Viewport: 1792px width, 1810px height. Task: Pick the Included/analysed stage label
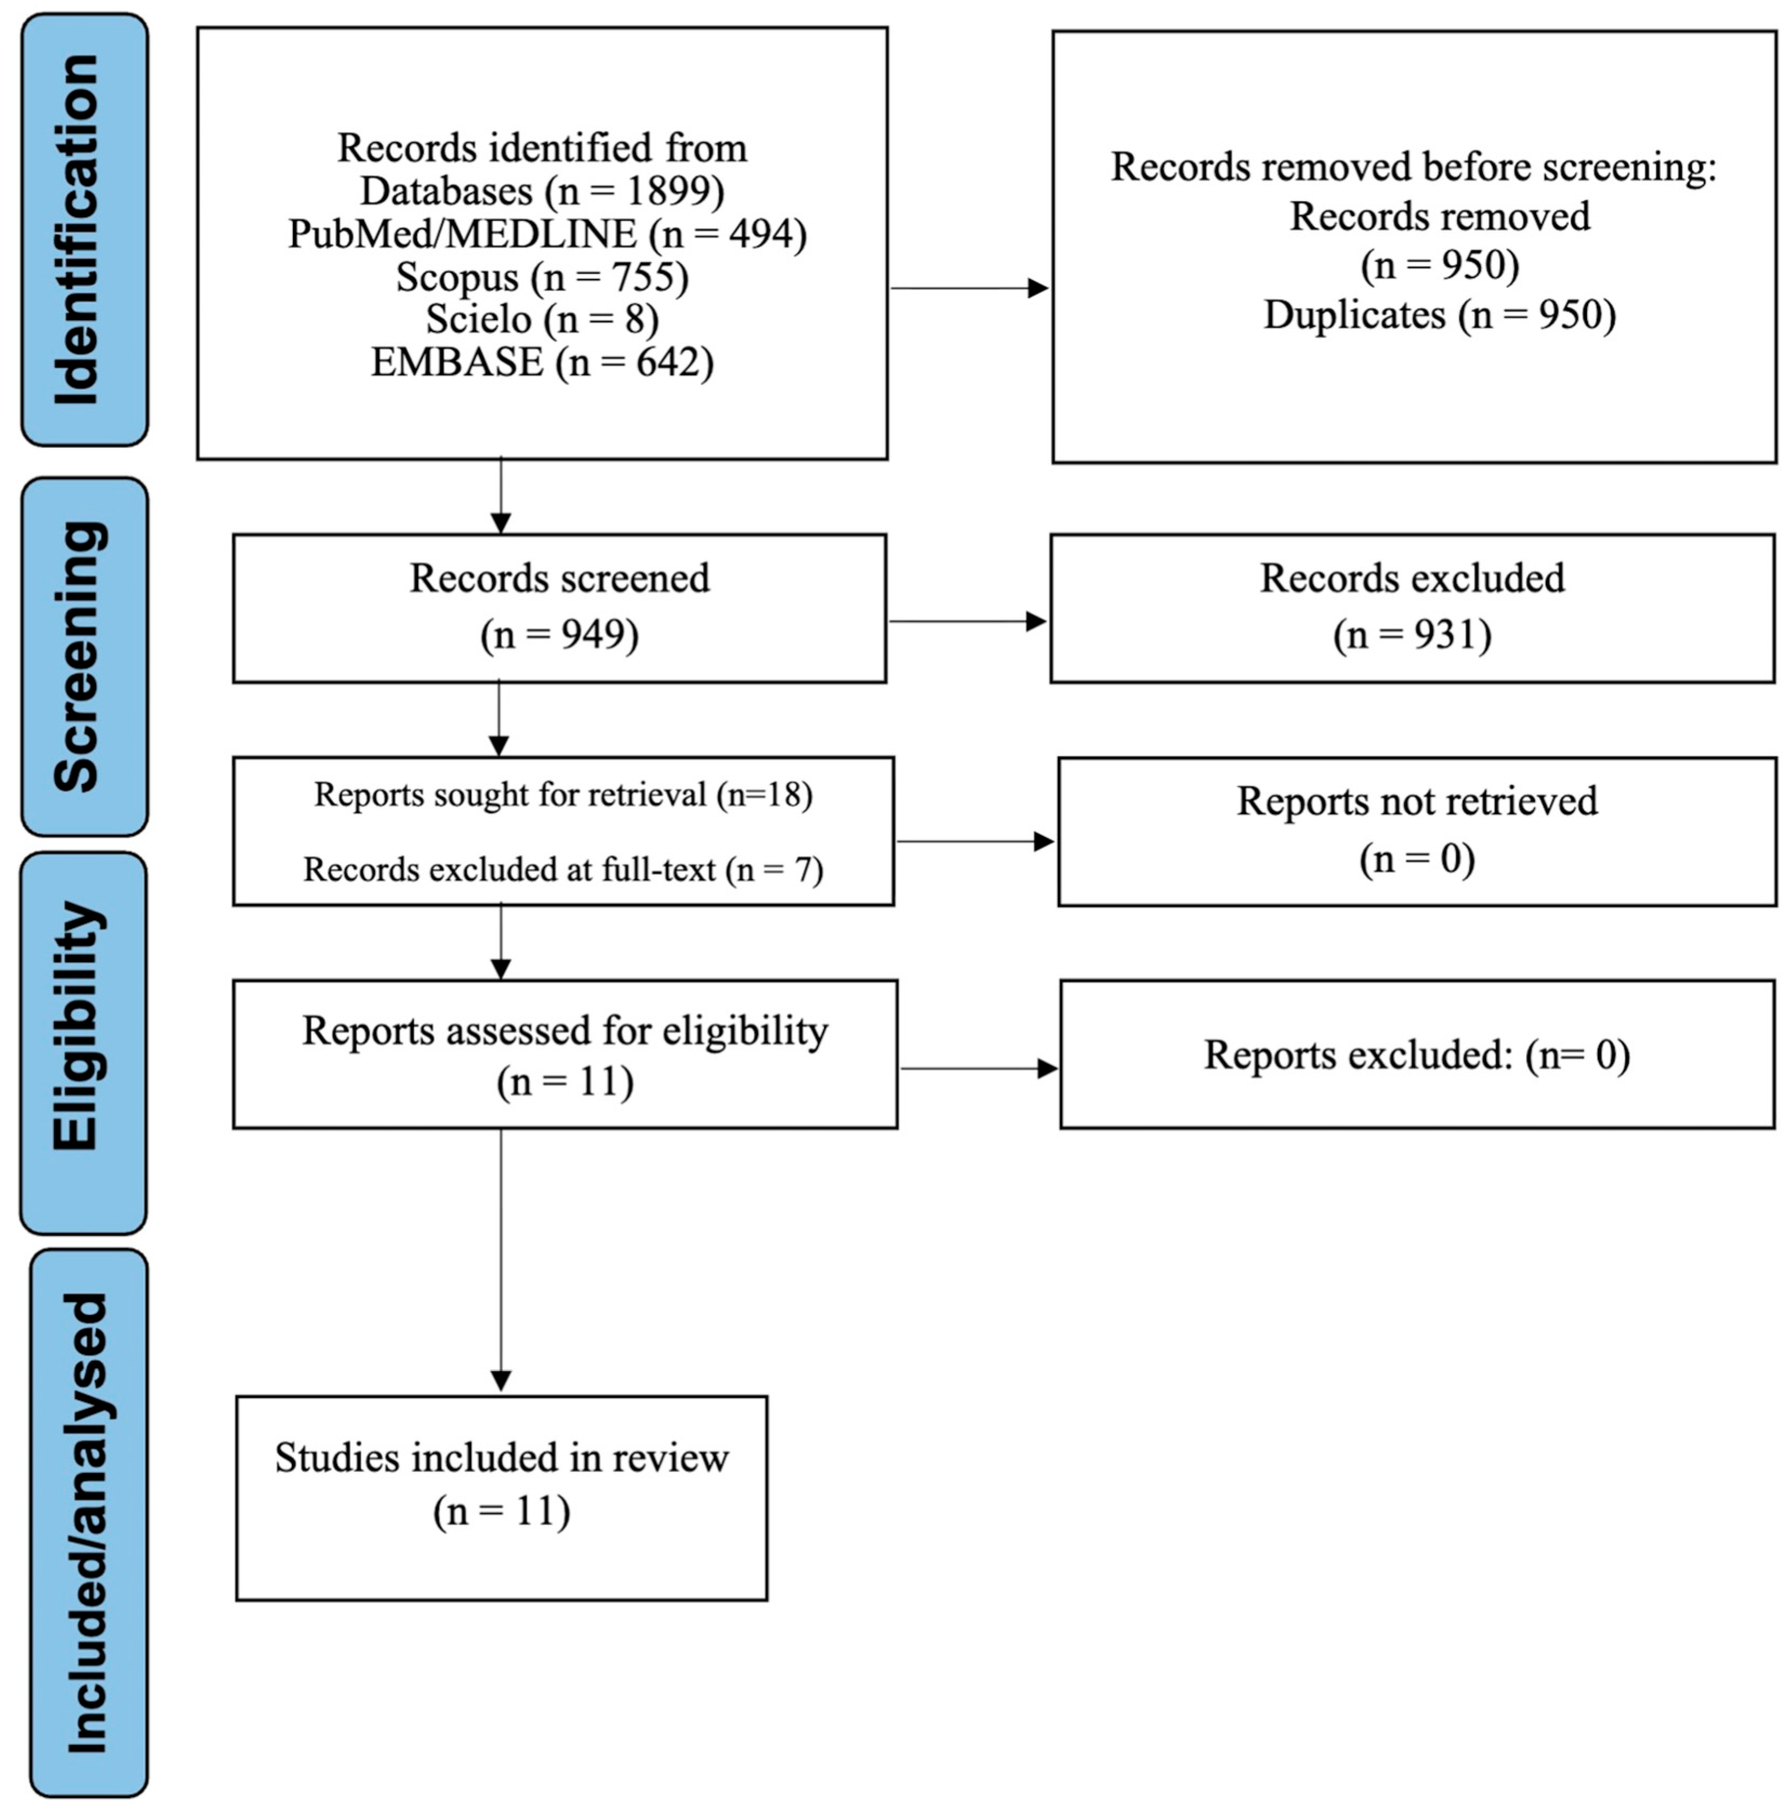click(x=89, y=1522)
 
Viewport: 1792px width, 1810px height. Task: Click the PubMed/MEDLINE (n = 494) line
click(x=547, y=233)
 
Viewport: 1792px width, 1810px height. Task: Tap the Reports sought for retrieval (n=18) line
click(x=563, y=795)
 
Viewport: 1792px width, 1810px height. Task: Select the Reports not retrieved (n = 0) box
click(x=1417, y=831)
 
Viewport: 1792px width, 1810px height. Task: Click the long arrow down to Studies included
click(x=501, y=1260)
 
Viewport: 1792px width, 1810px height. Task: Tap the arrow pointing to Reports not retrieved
click(x=974, y=841)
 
